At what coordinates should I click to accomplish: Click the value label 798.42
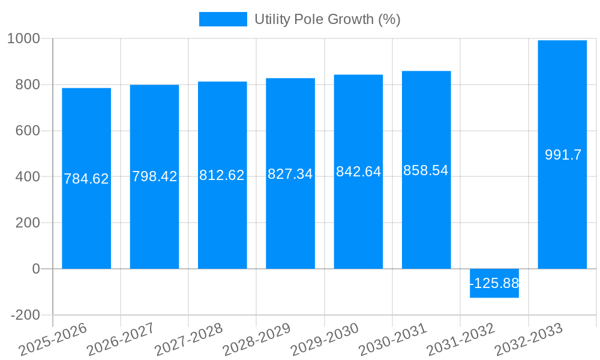(x=154, y=176)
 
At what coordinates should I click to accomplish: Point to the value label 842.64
(x=358, y=172)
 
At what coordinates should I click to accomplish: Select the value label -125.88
(x=494, y=283)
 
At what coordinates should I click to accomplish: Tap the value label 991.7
(x=563, y=155)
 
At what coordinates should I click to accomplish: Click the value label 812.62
(x=222, y=175)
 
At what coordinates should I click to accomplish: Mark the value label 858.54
(x=426, y=170)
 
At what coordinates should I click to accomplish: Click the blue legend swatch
(x=223, y=19)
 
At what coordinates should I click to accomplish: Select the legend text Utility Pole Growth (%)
(x=327, y=19)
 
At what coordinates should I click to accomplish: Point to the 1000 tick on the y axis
(x=24, y=39)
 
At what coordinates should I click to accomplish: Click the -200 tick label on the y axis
(x=25, y=315)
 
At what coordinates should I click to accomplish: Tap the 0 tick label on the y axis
(x=36, y=269)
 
